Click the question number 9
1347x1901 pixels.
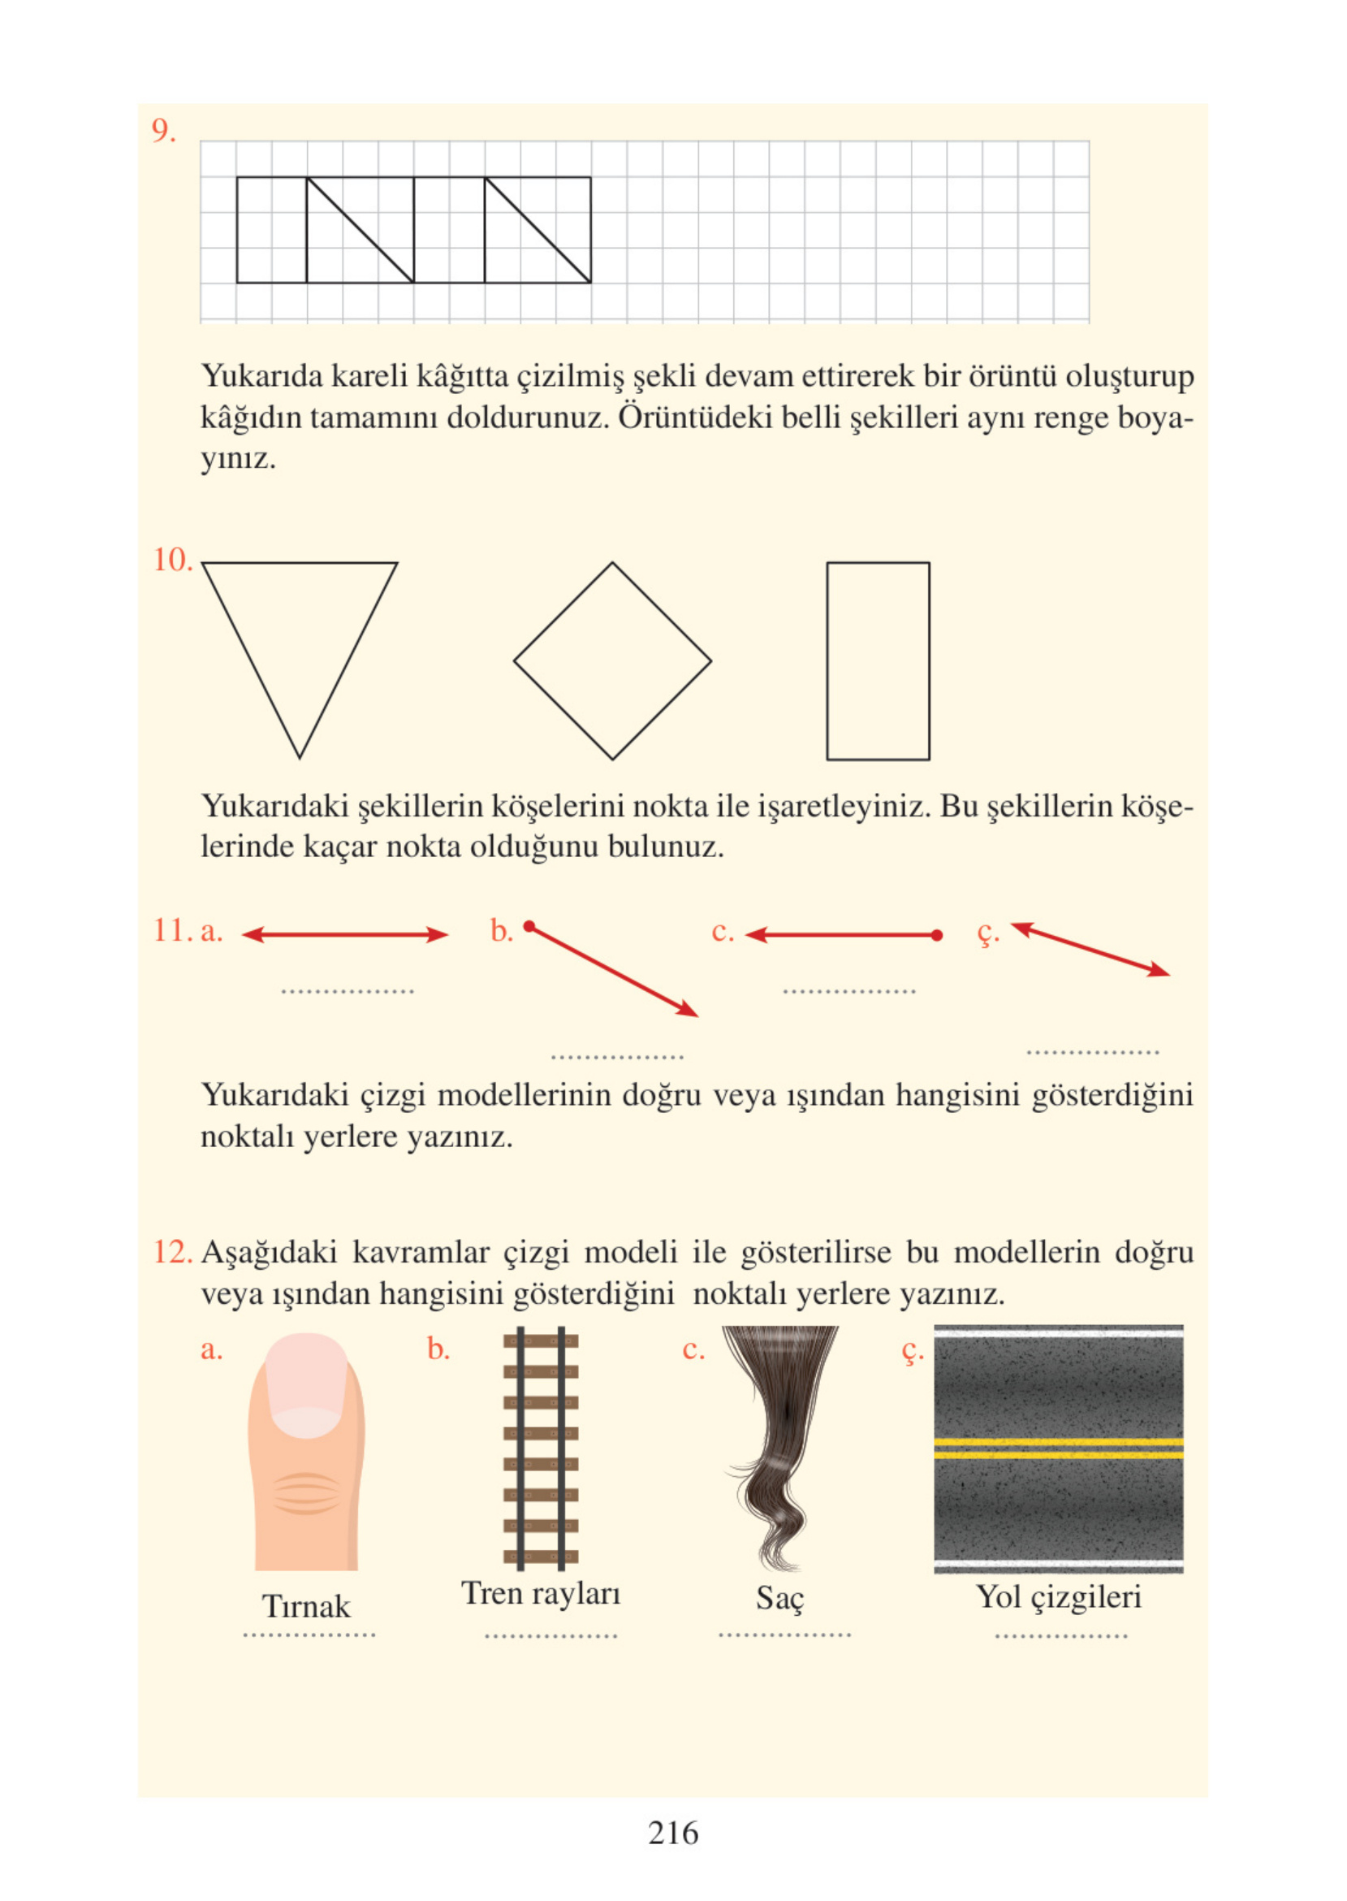(x=163, y=131)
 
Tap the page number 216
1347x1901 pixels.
(x=672, y=1832)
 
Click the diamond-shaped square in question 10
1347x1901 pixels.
(x=612, y=660)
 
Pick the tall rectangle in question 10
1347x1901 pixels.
(x=878, y=660)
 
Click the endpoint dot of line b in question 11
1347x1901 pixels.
(x=529, y=926)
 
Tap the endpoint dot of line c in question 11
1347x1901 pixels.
(x=936, y=935)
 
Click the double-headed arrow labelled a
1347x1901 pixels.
(x=344, y=935)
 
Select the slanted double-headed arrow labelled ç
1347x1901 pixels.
(x=1090, y=949)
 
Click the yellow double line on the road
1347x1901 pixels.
(x=1059, y=1448)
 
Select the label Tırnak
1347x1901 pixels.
(x=306, y=1607)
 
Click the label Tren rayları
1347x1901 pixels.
(x=540, y=1593)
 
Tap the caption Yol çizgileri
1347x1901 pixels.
(x=1059, y=1596)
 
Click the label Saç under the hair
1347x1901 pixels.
(x=779, y=1597)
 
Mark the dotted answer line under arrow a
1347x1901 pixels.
(x=347, y=991)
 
